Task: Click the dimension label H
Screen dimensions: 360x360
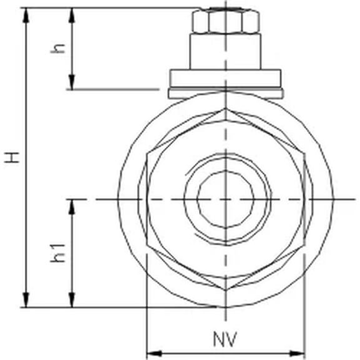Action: click(12, 157)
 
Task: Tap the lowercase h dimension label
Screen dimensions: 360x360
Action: click(59, 49)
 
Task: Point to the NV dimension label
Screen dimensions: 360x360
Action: click(225, 339)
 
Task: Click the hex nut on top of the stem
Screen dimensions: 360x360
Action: click(225, 22)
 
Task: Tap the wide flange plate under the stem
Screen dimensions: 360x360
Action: click(225, 79)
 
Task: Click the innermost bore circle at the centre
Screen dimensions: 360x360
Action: click(225, 198)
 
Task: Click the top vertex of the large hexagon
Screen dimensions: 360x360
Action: click(225, 107)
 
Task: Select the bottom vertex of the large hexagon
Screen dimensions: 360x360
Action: click(225, 291)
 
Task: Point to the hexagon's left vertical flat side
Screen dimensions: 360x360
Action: click(146, 198)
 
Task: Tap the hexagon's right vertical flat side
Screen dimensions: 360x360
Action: click(304, 198)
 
